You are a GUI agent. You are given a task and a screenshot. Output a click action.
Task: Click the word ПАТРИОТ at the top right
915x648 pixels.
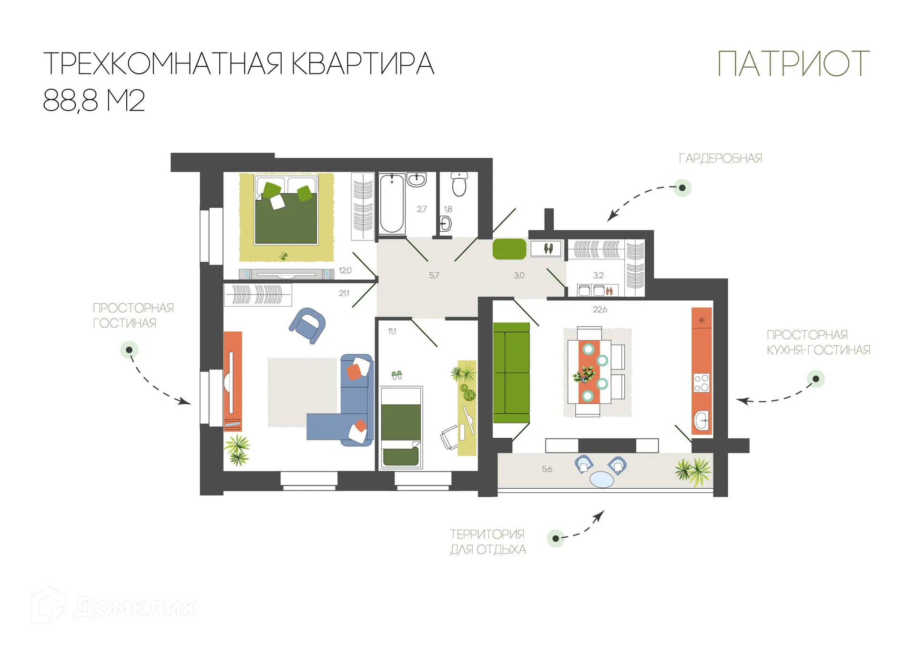pos(793,64)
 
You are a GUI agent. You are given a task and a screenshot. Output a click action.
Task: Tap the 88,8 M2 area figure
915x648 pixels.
pos(94,101)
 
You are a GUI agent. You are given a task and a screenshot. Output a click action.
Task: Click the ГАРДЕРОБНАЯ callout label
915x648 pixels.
pos(720,158)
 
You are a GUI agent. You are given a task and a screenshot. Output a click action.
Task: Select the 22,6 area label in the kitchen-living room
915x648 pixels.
pos(600,309)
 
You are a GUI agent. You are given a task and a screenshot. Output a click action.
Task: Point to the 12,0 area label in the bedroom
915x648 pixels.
pos(345,270)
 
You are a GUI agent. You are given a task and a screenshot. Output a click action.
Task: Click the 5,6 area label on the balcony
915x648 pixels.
pos(547,469)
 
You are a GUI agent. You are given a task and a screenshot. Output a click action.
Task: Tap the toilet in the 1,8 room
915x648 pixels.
pos(459,184)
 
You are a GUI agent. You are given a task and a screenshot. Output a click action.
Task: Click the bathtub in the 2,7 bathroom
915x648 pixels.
pos(392,204)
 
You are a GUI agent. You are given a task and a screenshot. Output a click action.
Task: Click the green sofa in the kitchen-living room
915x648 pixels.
pos(511,373)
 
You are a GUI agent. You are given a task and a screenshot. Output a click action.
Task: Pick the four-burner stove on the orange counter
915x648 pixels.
pos(701,383)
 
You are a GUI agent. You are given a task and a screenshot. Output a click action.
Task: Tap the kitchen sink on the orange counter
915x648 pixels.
pos(701,421)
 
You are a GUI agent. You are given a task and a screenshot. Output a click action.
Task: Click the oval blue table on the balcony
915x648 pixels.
pos(601,479)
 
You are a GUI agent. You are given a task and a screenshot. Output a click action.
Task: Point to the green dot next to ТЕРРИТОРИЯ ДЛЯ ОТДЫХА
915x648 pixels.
pos(555,539)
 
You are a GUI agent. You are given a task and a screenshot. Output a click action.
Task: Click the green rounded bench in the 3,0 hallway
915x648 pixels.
pos(509,249)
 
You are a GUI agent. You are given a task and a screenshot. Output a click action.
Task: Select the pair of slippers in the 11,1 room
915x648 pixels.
pos(396,375)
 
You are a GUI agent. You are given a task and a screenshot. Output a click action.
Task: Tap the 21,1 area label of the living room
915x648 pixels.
pos(344,293)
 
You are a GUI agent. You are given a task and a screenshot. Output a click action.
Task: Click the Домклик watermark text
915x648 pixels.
pos(135,607)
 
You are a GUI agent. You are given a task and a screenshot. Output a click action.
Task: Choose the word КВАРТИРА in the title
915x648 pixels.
pos(362,64)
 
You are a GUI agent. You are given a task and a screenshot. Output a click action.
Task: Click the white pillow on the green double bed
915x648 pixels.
pos(277,202)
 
